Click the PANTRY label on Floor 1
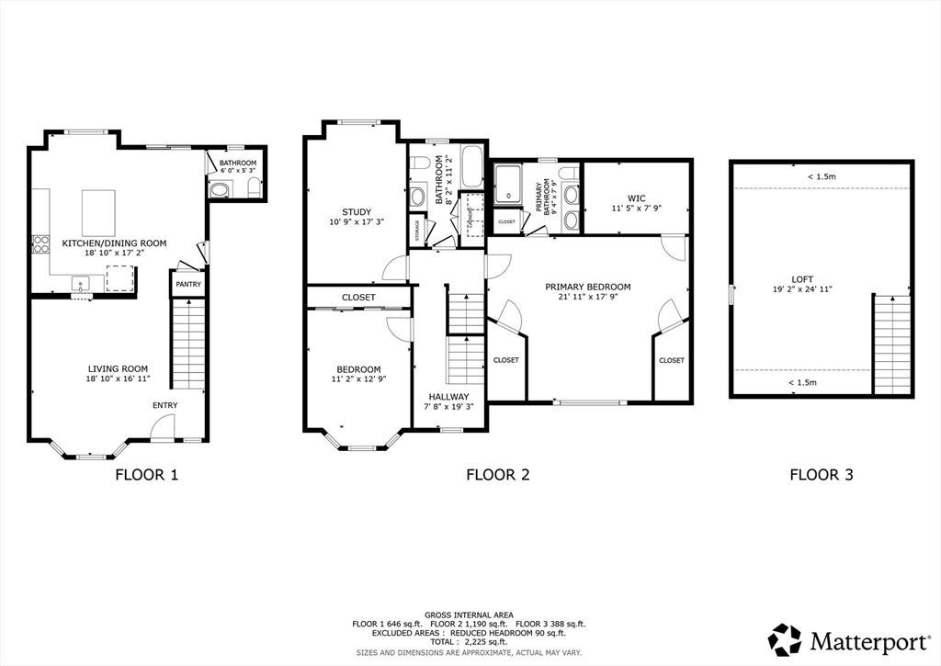tap(188, 285)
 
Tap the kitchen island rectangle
tap(98, 213)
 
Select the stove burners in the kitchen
tap(40, 244)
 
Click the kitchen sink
tap(81, 283)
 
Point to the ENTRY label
tap(165, 406)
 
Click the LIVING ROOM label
tap(118, 369)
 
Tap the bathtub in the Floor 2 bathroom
tap(472, 166)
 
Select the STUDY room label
tap(357, 212)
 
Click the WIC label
tap(636, 198)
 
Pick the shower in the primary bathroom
tap(508, 184)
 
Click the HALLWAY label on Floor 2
tap(448, 397)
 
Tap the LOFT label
tap(802, 279)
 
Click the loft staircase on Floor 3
tap(892, 344)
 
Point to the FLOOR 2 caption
tap(498, 475)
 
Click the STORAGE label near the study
tap(418, 231)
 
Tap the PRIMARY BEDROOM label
tap(587, 287)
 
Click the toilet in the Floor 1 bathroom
tap(255, 187)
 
